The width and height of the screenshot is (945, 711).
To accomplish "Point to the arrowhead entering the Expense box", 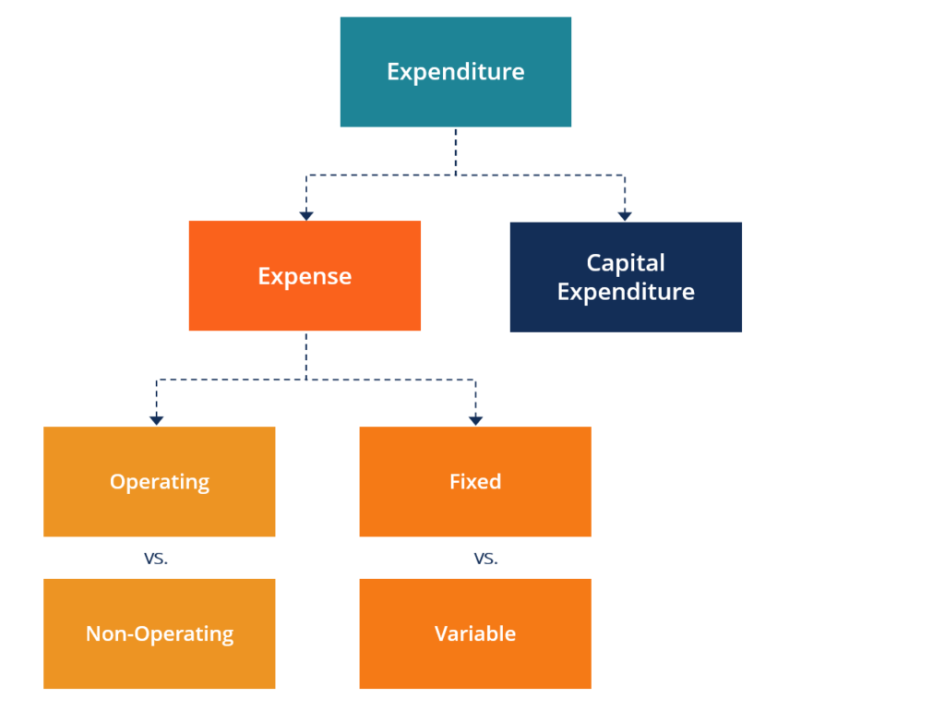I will coord(306,215).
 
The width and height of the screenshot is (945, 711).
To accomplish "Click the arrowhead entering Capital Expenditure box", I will coord(625,215).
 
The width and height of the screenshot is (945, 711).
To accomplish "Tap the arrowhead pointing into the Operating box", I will coord(157,420).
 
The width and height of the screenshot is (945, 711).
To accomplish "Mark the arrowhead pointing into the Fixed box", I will coord(475,420).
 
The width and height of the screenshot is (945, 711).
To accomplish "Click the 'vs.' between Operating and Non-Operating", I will coord(156,559).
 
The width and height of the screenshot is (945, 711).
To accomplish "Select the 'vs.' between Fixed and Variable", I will coord(485,559).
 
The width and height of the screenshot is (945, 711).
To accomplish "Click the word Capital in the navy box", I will coord(626,263).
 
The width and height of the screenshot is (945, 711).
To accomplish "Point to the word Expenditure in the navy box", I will coord(626,293).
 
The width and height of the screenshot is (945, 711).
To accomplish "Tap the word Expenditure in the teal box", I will coord(455,72).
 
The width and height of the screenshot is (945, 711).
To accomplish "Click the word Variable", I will coord(475,634).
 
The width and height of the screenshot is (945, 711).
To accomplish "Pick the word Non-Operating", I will coord(160,634).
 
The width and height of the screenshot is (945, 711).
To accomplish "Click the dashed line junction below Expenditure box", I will coord(455,174).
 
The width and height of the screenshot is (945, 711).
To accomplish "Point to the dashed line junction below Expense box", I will coord(306,380).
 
